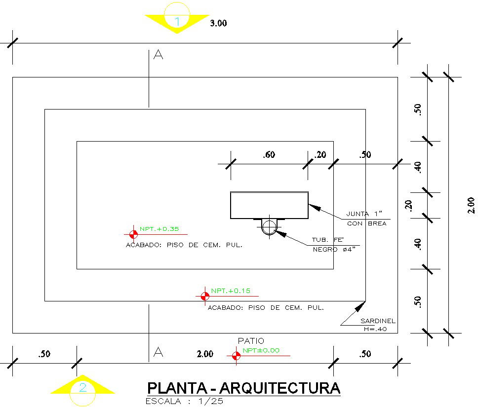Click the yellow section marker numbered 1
(177, 21)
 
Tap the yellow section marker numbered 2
(82, 387)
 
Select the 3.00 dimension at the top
(218, 23)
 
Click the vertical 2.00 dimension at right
(471, 205)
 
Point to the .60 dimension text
(269, 155)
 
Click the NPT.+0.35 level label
(159, 229)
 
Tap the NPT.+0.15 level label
(231, 291)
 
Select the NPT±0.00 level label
(261, 350)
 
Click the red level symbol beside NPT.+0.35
(133, 234)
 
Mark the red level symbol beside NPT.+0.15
(204, 296)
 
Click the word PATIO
(251, 341)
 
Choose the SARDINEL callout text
(378, 321)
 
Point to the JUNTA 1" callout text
(365, 214)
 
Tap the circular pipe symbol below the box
(269, 227)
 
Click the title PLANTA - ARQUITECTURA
(244, 388)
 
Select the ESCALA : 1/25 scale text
(185, 401)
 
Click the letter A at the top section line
(158, 55)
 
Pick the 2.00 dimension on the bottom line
(205, 354)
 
